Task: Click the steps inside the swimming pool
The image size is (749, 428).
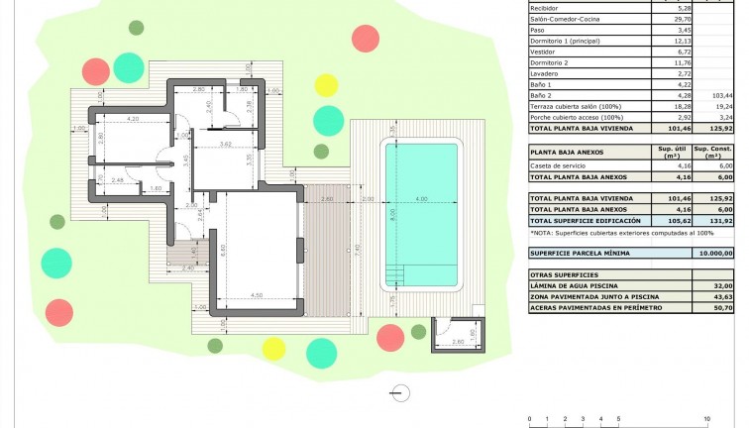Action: point(394,273)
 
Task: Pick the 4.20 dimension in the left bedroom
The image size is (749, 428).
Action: point(133,118)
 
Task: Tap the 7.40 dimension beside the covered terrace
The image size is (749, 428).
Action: point(358,251)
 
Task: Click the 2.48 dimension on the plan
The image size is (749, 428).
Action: point(117,179)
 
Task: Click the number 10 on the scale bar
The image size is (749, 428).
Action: point(705,419)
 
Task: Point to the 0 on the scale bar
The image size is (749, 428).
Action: point(530,419)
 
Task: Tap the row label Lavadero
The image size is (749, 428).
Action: point(546,73)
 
